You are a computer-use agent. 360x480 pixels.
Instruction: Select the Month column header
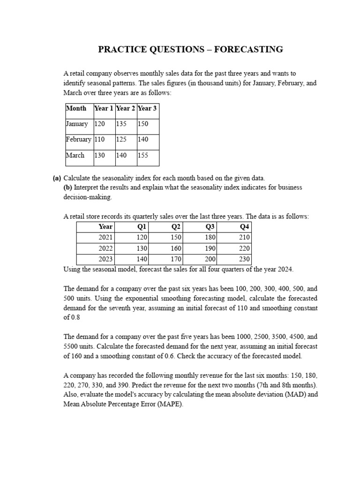click(x=76, y=108)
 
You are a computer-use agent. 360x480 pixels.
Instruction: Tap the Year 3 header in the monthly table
click(x=147, y=108)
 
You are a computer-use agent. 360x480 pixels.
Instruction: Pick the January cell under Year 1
click(x=99, y=124)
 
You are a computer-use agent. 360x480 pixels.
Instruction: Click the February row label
click(x=79, y=140)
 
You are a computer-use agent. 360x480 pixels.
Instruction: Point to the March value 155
click(x=143, y=156)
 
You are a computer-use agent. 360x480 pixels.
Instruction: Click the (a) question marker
click(x=57, y=178)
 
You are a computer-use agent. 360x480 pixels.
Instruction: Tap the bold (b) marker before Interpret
click(x=68, y=187)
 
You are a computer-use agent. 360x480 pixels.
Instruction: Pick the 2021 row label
click(x=105, y=238)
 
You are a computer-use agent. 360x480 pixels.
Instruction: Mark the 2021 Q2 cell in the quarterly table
click(x=176, y=238)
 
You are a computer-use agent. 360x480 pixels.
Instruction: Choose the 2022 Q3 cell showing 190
click(x=210, y=248)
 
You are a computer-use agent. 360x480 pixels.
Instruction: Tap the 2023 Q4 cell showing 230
click(x=245, y=259)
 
